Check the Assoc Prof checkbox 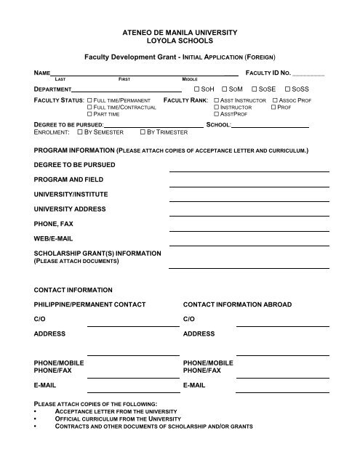tap(274, 100)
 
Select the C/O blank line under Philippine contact tap(132, 326)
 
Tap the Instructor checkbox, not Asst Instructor tap(217, 107)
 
